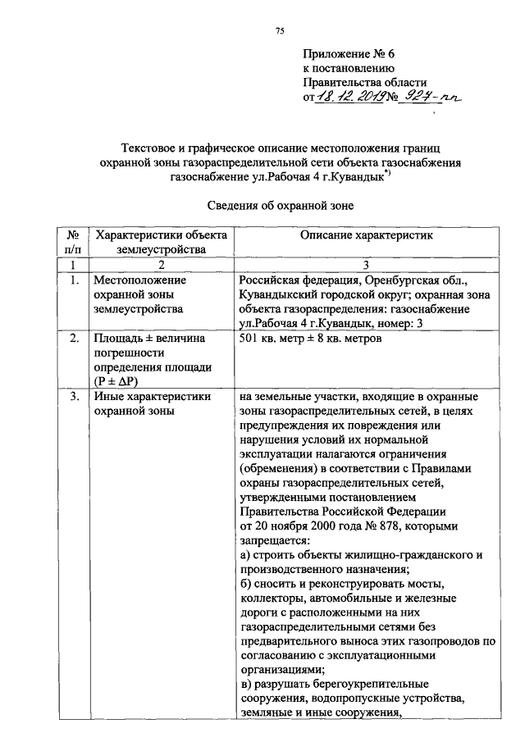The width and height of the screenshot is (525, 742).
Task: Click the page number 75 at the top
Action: click(x=279, y=31)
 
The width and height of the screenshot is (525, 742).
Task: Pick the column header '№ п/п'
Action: click(x=73, y=243)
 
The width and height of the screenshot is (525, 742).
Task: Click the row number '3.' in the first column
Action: click(x=73, y=398)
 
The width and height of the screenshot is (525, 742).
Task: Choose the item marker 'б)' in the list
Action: click(x=246, y=585)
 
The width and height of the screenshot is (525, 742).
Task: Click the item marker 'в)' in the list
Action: click(x=246, y=683)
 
